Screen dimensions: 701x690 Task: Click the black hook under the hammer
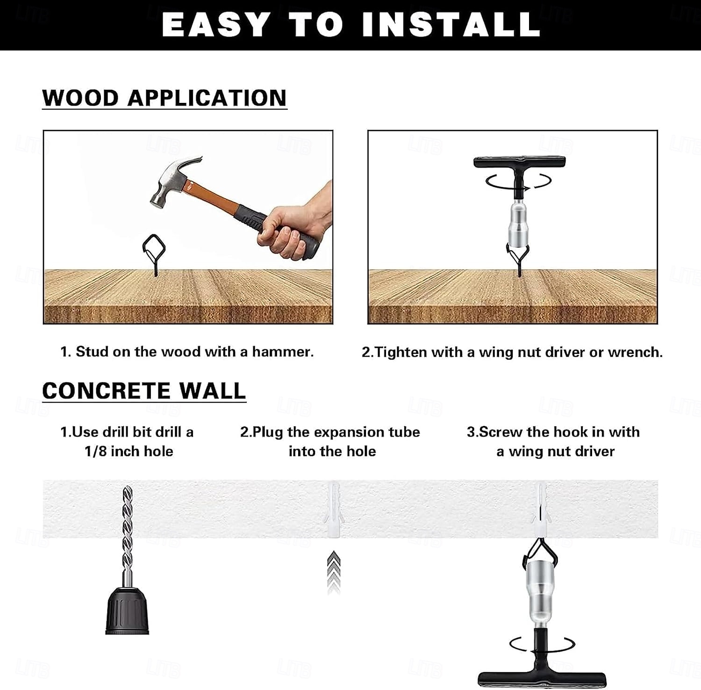154,255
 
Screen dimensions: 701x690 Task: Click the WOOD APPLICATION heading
165,98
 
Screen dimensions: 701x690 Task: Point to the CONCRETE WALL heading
144,391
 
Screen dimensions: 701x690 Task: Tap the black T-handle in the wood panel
519,173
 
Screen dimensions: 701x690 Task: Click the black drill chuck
127,611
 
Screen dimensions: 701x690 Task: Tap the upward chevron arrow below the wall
333,572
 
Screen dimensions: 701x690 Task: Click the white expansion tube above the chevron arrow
333,510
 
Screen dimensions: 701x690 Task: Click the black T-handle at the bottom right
542,659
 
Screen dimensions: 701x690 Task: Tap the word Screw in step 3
501,432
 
